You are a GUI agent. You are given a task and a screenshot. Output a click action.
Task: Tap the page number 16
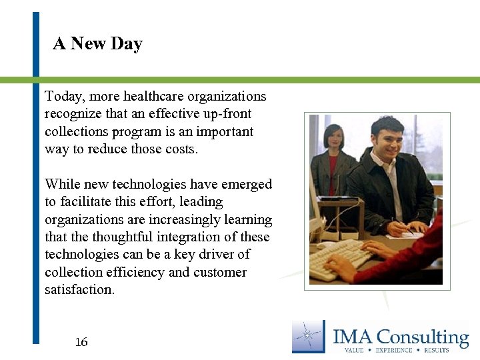(81, 343)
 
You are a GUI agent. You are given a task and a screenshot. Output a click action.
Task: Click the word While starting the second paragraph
(61, 184)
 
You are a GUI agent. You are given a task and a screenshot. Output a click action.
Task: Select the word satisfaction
(79, 289)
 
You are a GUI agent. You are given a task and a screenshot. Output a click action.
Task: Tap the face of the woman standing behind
(333, 139)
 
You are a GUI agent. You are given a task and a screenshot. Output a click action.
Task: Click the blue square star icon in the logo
(309, 337)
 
